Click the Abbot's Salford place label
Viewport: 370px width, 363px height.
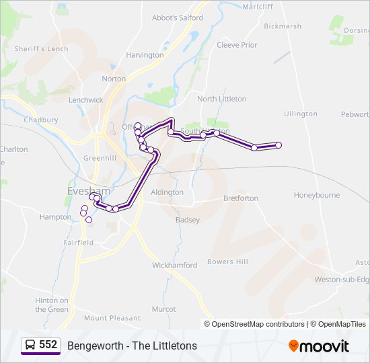[178, 18]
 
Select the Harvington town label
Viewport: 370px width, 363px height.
[145, 55]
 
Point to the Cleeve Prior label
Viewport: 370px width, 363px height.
[237, 45]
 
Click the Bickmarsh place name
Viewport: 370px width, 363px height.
[283, 27]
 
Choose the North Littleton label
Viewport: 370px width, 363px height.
[222, 99]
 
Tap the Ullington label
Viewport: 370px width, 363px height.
[301, 114]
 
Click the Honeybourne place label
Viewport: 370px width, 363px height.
[317, 195]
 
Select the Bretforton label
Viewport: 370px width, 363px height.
[241, 198]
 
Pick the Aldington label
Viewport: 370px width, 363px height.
[168, 192]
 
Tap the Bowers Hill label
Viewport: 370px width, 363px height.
[228, 261]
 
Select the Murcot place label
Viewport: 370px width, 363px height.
[163, 309]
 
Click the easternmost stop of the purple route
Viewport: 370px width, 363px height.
[279, 145]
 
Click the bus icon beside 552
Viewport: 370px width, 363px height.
[30, 346]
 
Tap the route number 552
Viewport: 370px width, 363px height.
[48, 345]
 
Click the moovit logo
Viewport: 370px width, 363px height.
[319, 346]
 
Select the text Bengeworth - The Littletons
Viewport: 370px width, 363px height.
[132, 346]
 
